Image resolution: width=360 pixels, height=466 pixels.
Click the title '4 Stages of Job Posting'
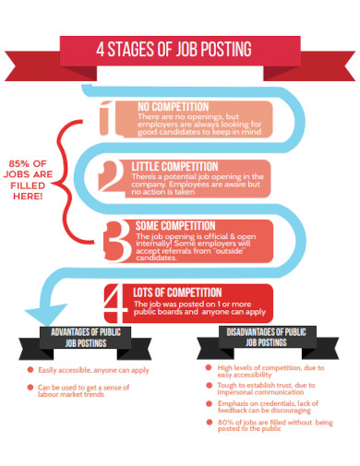pyautogui.click(x=179, y=49)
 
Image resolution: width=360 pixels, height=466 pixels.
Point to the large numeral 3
pyautogui.click(x=116, y=241)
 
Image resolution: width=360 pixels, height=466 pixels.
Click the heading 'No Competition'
pyautogui.click(x=173, y=107)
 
